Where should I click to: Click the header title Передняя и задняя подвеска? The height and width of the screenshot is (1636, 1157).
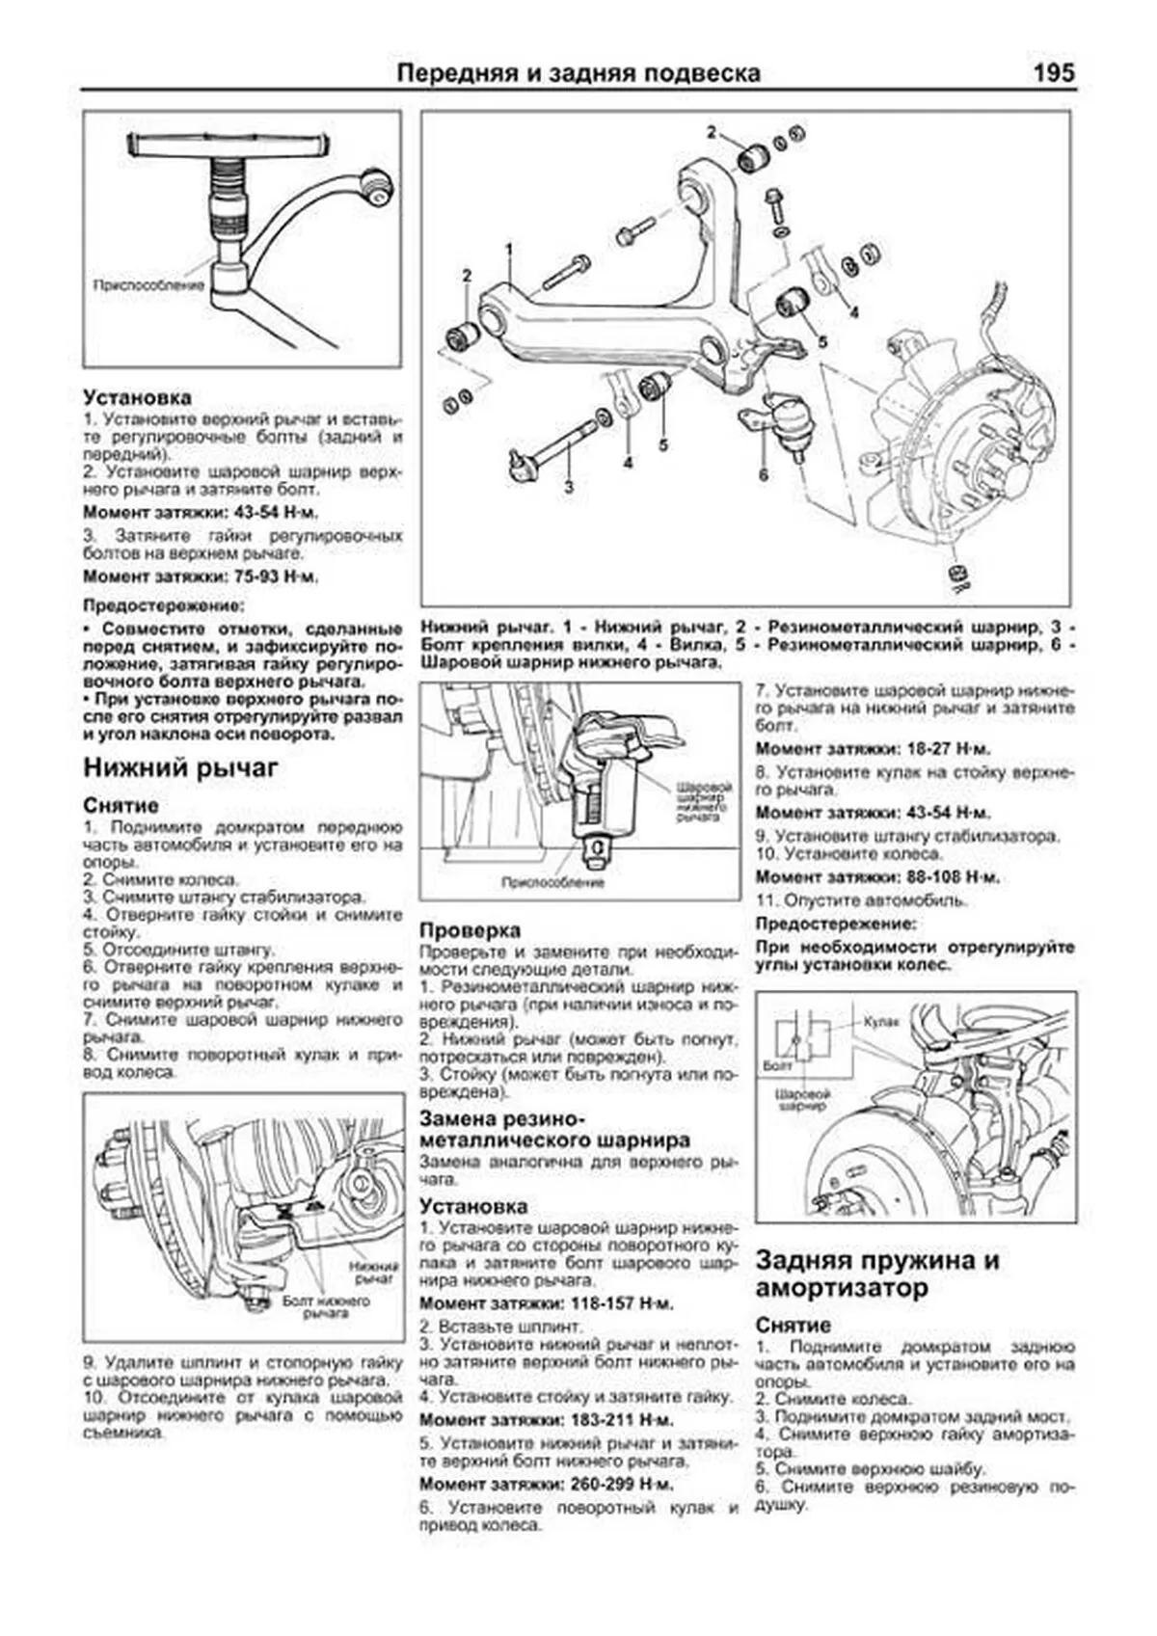pyautogui.click(x=578, y=73)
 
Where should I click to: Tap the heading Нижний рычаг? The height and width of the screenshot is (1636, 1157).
pyautogui.click(x=180, y=767)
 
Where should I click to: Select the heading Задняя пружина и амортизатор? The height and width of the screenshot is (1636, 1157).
pyautogui.click(x=877, y=1274)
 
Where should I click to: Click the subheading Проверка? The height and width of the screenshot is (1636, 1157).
pyautogui.click(x=470, y=930)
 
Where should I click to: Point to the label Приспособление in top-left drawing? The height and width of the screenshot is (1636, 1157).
pyautogui.click(x=148, y=285)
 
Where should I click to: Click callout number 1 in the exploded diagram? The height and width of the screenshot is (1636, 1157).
pyautogui.click(x=508, y=249)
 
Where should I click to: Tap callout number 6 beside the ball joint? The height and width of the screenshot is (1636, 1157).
pyautogui.click(x=764, y=474)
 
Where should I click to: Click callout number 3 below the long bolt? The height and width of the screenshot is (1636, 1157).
pyautogui.click(x=569, y=487)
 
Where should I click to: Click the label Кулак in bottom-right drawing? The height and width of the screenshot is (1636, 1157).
pyautogui.click(x=880, y=1020)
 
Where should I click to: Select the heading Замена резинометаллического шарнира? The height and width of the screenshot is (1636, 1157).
pyautogui.click(x=554, y=1130)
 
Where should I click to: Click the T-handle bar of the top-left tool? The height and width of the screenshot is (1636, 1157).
pyautogui.click(x=229, y=146)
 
